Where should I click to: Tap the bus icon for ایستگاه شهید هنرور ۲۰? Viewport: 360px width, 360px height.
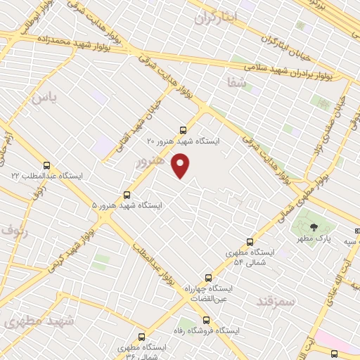click(184, 130)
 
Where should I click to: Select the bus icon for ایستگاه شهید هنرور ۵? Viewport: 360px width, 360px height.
click(127, 195)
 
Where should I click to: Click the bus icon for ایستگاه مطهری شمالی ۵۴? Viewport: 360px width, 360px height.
click(250, 241)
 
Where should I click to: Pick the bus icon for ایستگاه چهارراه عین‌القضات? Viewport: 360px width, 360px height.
click(207, 278)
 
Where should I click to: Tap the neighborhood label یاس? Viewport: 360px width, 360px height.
click(43, 97)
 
